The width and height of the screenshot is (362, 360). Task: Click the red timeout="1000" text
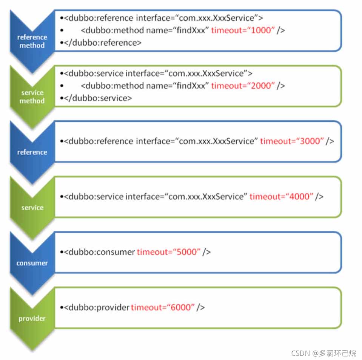pyautogui.click(x=242, y=30)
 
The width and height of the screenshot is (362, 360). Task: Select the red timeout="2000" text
pyautogui.click(x=242, y=86)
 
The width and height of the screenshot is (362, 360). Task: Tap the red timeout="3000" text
pyautogui.click(x=292, y=141)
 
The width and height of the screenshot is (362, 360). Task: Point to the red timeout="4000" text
pyautogui.click(x=281, y=196)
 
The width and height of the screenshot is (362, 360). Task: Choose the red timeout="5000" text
pyautogui.click(x=168, y=252)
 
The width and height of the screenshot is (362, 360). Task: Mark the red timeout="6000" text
pyautogui.click(x=163, y=307)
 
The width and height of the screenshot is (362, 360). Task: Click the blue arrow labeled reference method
pyautogui.click(x=32, y=41)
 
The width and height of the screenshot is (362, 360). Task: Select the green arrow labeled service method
pyautogui.click(x=32, y=97)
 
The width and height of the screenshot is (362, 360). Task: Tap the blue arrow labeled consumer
pyautogui.click(x=32, y=263)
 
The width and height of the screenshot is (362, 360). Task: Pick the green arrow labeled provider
pyautogui.click(x=32, y=318)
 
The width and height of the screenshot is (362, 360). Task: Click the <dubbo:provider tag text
pyautogui.click(x=97, y=307)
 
